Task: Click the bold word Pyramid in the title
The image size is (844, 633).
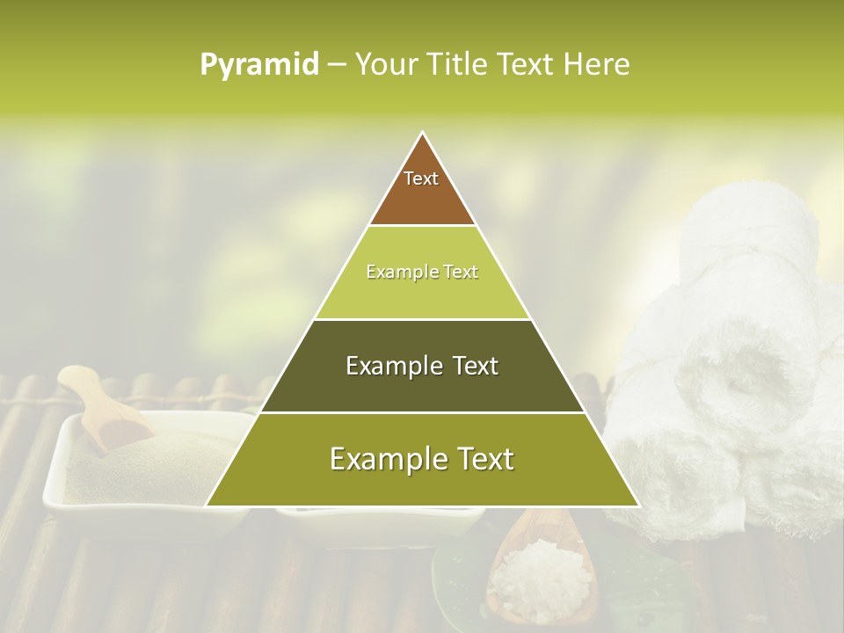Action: (x=259, y=65)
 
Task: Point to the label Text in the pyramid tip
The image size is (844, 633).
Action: (x=421, y=178)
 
